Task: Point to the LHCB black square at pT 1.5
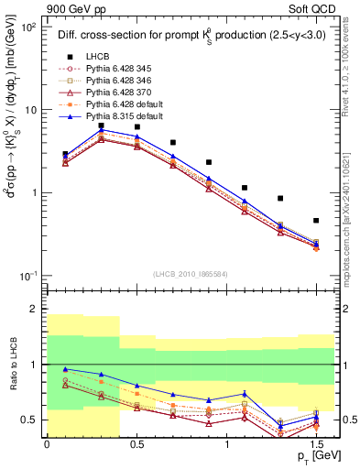coord(316,221)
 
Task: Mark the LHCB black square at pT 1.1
coord(245,188)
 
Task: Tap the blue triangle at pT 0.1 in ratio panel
coord(65,369)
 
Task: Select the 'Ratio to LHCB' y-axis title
coord(13,363)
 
